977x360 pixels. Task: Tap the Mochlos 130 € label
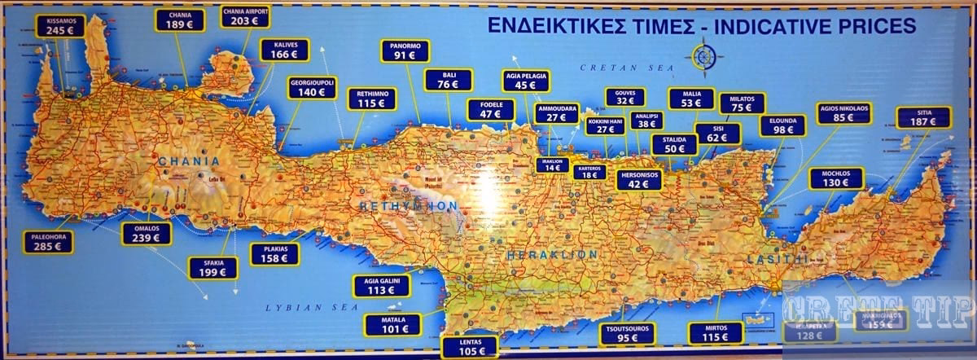click(836, 178)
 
